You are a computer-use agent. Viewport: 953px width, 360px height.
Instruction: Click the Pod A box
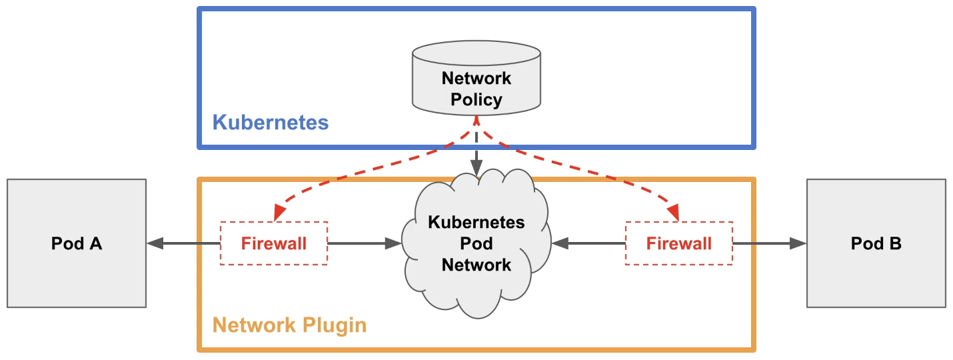tap(77, 243)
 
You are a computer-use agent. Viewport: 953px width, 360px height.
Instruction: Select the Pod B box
tap(876, 243)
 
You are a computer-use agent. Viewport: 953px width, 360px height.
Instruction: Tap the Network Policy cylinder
tap(476, 78)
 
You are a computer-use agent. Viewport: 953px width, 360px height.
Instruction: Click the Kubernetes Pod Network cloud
tap(476, 243)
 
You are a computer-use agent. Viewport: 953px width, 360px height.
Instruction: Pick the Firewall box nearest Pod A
tap(274, 243)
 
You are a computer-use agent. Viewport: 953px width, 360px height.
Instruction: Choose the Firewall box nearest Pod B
tap(679, 243)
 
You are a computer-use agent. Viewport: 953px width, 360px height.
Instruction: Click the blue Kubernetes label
tap(271, 123)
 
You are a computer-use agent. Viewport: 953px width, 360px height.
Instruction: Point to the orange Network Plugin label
tap(289, 325)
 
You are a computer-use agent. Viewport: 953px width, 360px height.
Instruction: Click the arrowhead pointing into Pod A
tap(155, 243)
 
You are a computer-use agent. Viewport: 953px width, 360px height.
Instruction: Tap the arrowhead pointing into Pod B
tap(798, 243)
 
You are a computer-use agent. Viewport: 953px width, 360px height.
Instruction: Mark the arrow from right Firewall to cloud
tap(588, 243)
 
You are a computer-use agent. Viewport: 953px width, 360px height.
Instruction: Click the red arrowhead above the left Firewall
tap(279, 212)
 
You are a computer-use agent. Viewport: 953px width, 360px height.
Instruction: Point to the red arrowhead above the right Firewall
tap(674, 212)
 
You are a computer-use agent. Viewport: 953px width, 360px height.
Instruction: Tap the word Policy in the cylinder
tap(476, 100)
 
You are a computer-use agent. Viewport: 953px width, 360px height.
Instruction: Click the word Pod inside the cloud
tap(476, 243)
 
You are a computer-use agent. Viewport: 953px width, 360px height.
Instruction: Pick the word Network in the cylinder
tap(476, 78)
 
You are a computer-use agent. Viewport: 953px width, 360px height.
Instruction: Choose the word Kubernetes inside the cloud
tap(476, 222)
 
